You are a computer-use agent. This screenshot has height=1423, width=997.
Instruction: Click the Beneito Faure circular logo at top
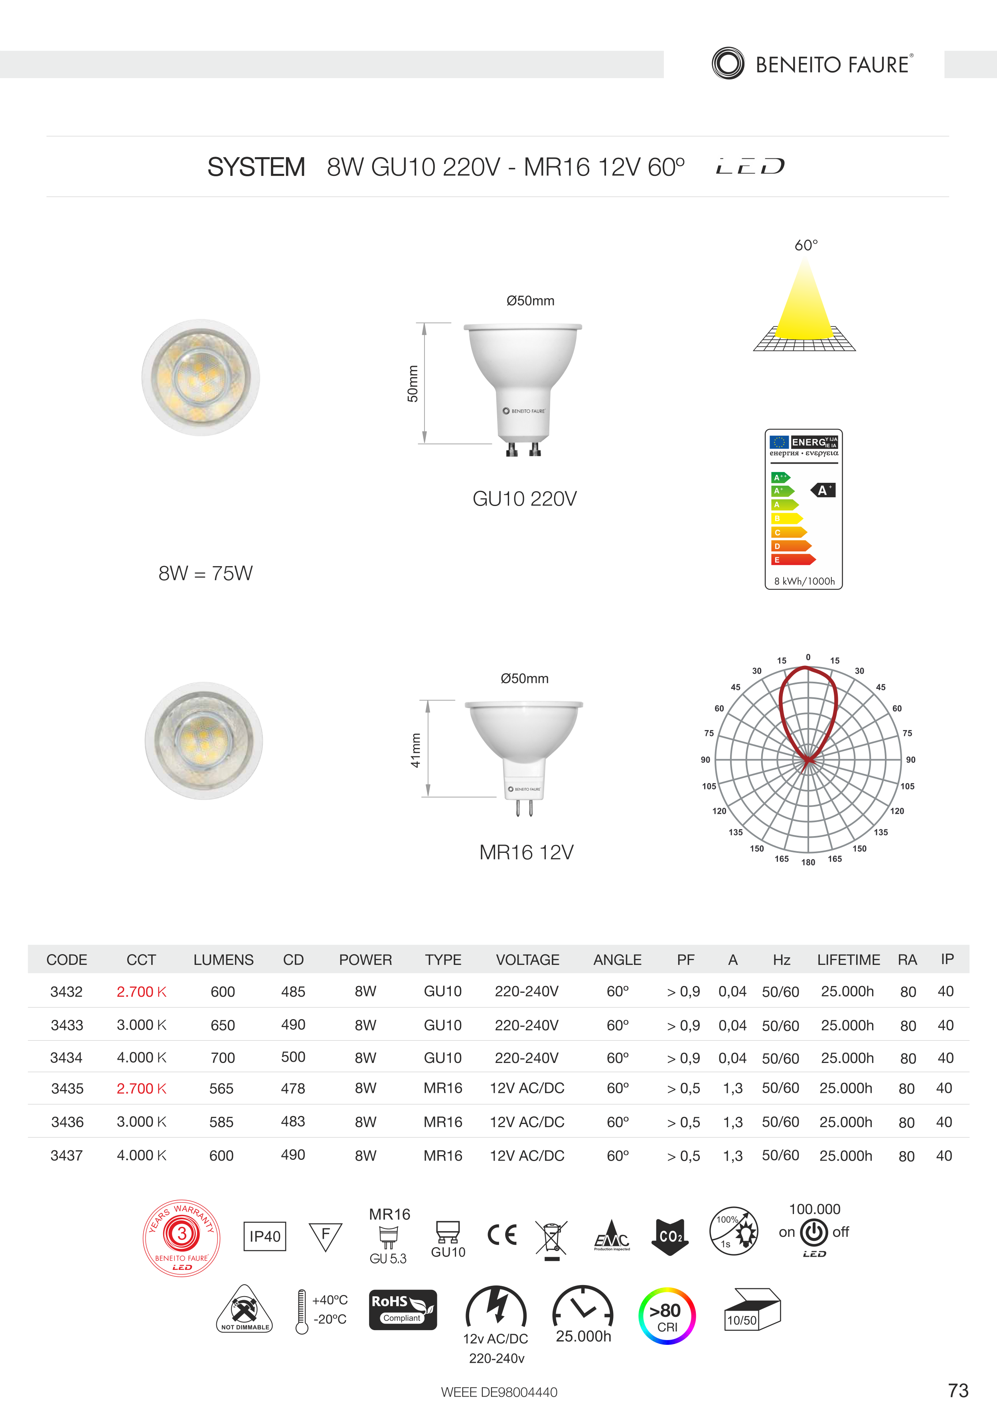[728, 63]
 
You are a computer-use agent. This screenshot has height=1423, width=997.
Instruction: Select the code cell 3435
[67, 1089]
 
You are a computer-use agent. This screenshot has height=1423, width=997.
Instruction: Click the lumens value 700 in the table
[223, 1058]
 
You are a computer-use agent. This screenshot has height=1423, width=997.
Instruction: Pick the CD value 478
[293, 1089]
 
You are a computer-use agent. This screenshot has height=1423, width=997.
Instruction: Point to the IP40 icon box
[265, 1236]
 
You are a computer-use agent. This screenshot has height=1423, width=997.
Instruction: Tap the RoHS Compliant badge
[403, 1310]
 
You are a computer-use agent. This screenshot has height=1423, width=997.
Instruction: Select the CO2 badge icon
[670, 1236]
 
